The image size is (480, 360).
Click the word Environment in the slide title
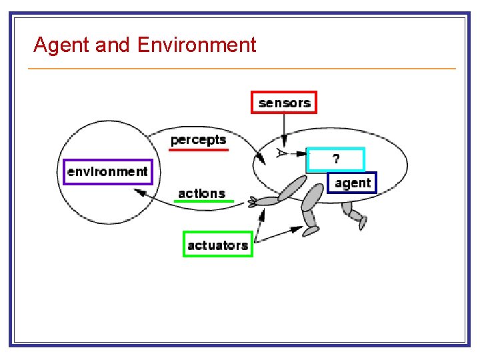[197, 45]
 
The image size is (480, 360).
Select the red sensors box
[284, 103]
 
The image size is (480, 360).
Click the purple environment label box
[107, 171]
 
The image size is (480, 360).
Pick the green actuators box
[217, 245]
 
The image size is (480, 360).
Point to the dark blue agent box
[353, 183]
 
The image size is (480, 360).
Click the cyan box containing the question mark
[336, 159]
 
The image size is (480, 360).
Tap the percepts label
[198, 139]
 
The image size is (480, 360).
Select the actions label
[201, 193]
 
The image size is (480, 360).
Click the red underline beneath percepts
[199, 150]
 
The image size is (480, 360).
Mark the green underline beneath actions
[205, 201]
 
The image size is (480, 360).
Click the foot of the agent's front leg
[311, 231]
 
